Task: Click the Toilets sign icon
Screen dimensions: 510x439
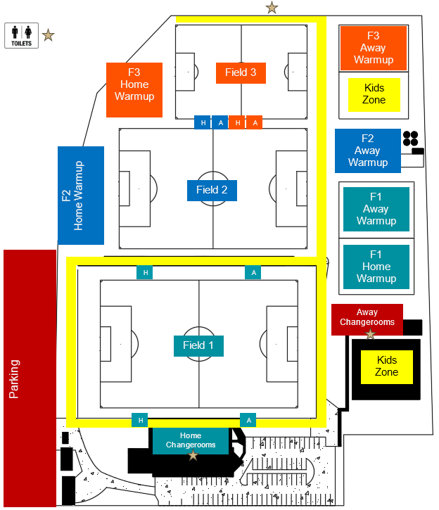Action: point(21,34)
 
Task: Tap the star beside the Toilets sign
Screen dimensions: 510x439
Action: point(48,34)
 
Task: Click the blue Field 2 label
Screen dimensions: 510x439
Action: point(212,189)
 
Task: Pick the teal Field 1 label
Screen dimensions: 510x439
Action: point(198,345)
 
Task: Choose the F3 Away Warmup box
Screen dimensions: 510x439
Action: point(374,48)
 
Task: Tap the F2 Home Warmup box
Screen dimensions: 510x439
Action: point(81,196)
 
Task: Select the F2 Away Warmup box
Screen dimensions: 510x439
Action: point(367,151)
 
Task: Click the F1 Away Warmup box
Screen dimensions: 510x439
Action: point(376,209)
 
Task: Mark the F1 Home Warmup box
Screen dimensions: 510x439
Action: point(376,267)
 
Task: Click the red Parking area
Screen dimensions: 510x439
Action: point(30,378)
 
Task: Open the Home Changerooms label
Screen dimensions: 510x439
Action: point(191,440)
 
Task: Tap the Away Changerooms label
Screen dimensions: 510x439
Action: point(367,317)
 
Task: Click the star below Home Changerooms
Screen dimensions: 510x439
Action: point(193,456)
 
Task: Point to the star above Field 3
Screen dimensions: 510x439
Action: point(272,8)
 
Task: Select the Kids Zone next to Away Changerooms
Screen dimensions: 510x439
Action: point(386,366)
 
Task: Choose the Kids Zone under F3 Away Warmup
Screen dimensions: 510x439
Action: point(374,94)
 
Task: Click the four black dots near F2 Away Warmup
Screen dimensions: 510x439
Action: point(411,138)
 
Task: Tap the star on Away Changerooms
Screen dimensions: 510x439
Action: point(370,333)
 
